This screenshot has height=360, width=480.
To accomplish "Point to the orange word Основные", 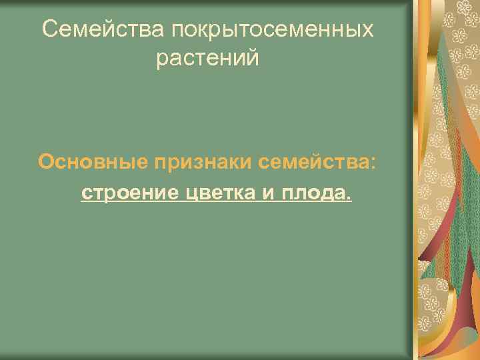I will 93,162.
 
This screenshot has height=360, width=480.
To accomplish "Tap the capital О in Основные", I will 46,162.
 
